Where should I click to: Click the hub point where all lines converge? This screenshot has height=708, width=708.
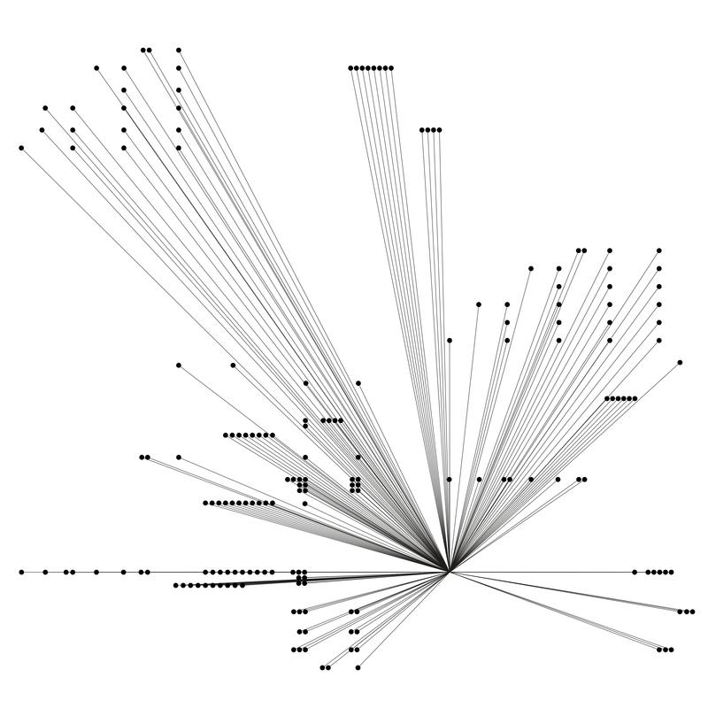point(450,572)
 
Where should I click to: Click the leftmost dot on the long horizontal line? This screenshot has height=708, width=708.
point(21,572)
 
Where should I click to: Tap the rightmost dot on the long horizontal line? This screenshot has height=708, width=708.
point(671,572)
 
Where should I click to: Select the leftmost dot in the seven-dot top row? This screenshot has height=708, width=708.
point(351,68)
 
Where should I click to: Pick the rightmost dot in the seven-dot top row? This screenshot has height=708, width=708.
point(391,68)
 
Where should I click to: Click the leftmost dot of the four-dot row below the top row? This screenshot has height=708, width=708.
point(423,130)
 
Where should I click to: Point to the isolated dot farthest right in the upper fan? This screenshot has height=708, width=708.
point(680,362)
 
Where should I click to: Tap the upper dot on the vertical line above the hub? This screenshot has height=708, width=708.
point(450,340)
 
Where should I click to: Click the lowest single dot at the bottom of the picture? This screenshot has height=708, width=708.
point(358,667)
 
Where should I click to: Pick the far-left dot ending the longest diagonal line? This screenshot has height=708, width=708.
point(21,148)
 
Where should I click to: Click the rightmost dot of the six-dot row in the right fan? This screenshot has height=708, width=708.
point(635,398)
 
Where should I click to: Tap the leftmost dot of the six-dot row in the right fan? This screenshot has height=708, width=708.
point(607,398)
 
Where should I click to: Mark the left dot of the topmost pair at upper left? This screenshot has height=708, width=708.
point(143,50)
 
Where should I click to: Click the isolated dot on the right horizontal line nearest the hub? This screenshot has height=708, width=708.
point(635,572)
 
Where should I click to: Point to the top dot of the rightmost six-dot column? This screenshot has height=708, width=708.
point(659,250)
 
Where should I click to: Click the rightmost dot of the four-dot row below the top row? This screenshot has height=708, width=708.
point(439,130)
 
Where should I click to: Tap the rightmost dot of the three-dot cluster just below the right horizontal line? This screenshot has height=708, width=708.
point(692,612)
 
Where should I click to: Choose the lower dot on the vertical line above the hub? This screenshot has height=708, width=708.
point(450,479)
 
